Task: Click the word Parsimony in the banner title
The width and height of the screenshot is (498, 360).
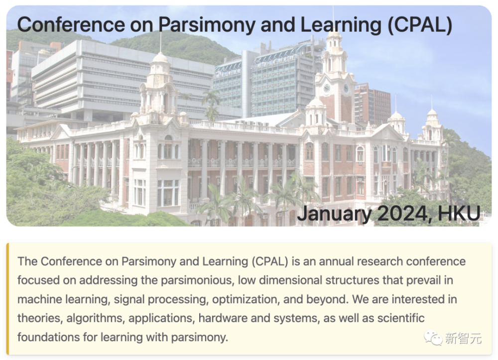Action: point(207,25)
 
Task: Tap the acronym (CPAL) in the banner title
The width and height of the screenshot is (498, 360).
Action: point(420,25)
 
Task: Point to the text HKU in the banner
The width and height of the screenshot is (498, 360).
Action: point(459,213)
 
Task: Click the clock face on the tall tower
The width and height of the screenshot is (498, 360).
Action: point(327,88)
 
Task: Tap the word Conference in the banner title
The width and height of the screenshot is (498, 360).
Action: point(71,24)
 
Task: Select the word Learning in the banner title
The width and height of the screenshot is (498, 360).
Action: point(341,25)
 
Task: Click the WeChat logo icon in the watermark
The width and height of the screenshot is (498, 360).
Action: point(433,338)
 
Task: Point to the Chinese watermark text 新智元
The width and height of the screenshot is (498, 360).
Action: point(463,339)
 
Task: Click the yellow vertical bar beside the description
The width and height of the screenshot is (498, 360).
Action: point(7,299)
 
